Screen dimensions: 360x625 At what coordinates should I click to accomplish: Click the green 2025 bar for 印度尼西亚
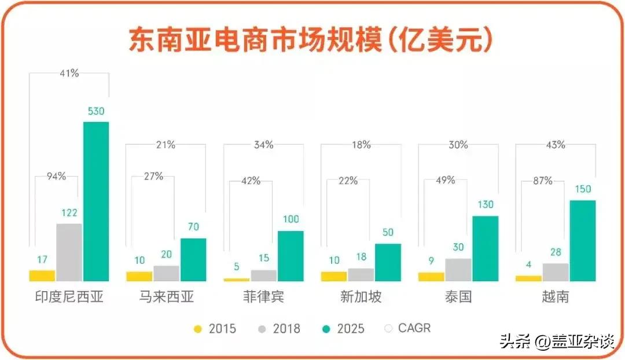point(96,201)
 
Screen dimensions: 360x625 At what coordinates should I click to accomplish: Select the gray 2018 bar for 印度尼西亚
point(69,252)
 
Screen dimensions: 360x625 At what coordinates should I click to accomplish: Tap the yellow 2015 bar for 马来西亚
point(139,277)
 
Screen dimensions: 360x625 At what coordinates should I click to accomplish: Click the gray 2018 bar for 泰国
point(458,270)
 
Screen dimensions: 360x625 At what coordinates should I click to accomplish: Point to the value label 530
point(96,111)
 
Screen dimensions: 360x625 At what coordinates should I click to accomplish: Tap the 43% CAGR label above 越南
point(555,145)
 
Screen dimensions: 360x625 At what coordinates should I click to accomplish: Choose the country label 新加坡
point(361,297)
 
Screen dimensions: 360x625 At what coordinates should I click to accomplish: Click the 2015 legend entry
point(215,329)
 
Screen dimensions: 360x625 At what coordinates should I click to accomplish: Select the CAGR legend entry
point(407,328)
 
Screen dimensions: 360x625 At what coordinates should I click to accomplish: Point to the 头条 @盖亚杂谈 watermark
point(556,341)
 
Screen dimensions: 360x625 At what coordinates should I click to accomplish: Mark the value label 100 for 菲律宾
point(291,219)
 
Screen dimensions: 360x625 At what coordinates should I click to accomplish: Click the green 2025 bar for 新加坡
point(388,262)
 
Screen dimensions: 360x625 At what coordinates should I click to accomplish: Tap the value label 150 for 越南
point(583,189)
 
